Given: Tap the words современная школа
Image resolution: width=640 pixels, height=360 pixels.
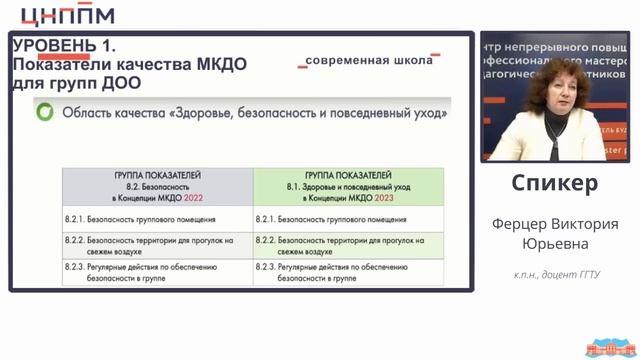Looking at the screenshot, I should click(370, 60).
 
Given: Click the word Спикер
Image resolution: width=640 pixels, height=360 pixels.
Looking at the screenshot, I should click(555, 184).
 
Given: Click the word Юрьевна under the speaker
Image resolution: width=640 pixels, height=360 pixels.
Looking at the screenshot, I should click(555, 243).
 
